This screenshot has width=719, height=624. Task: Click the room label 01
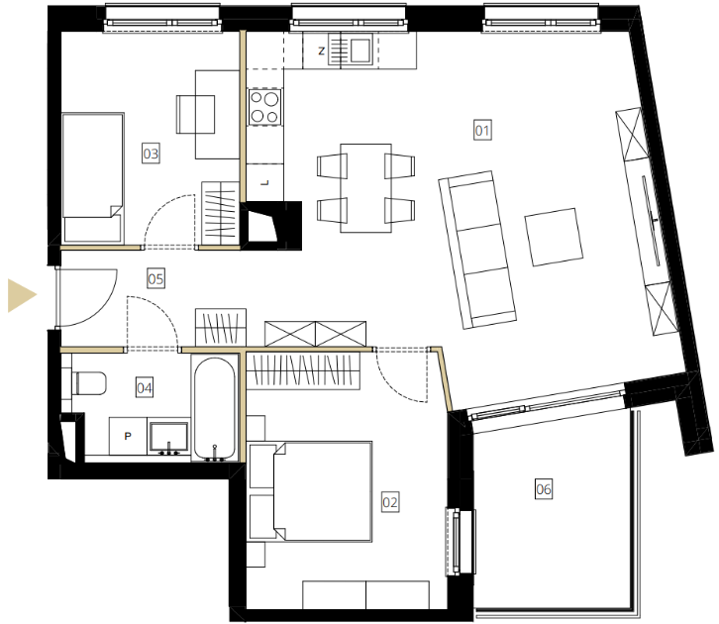coord(482,130)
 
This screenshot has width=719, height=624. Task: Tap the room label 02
coord(390,502)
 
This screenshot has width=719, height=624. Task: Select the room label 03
coord(151,154)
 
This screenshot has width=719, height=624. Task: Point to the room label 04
coord(145,388)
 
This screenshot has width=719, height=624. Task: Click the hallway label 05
coord(155,278)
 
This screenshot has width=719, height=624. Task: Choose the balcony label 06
coord(544,488)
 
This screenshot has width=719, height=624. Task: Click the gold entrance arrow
coord(22,295)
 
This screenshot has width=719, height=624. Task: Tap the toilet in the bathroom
coord(89,383)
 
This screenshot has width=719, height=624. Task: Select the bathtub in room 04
coord(215,409)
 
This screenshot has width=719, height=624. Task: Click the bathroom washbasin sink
coord(168,436)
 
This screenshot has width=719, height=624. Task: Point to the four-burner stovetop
coord(264,107)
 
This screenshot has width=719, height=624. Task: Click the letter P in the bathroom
coord(128,436)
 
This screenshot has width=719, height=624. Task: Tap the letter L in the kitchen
coord(265,183)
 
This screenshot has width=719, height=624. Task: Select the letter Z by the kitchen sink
coord(321,51)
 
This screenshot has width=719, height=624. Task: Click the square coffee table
coord(554,237)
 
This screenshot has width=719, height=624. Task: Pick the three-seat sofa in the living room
coord(477,250)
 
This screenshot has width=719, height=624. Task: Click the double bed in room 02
coord(322,491)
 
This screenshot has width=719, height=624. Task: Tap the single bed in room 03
coord(93,177)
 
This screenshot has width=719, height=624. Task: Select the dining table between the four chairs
coord(365,188)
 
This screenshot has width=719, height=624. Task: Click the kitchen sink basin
coord(360,50)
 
